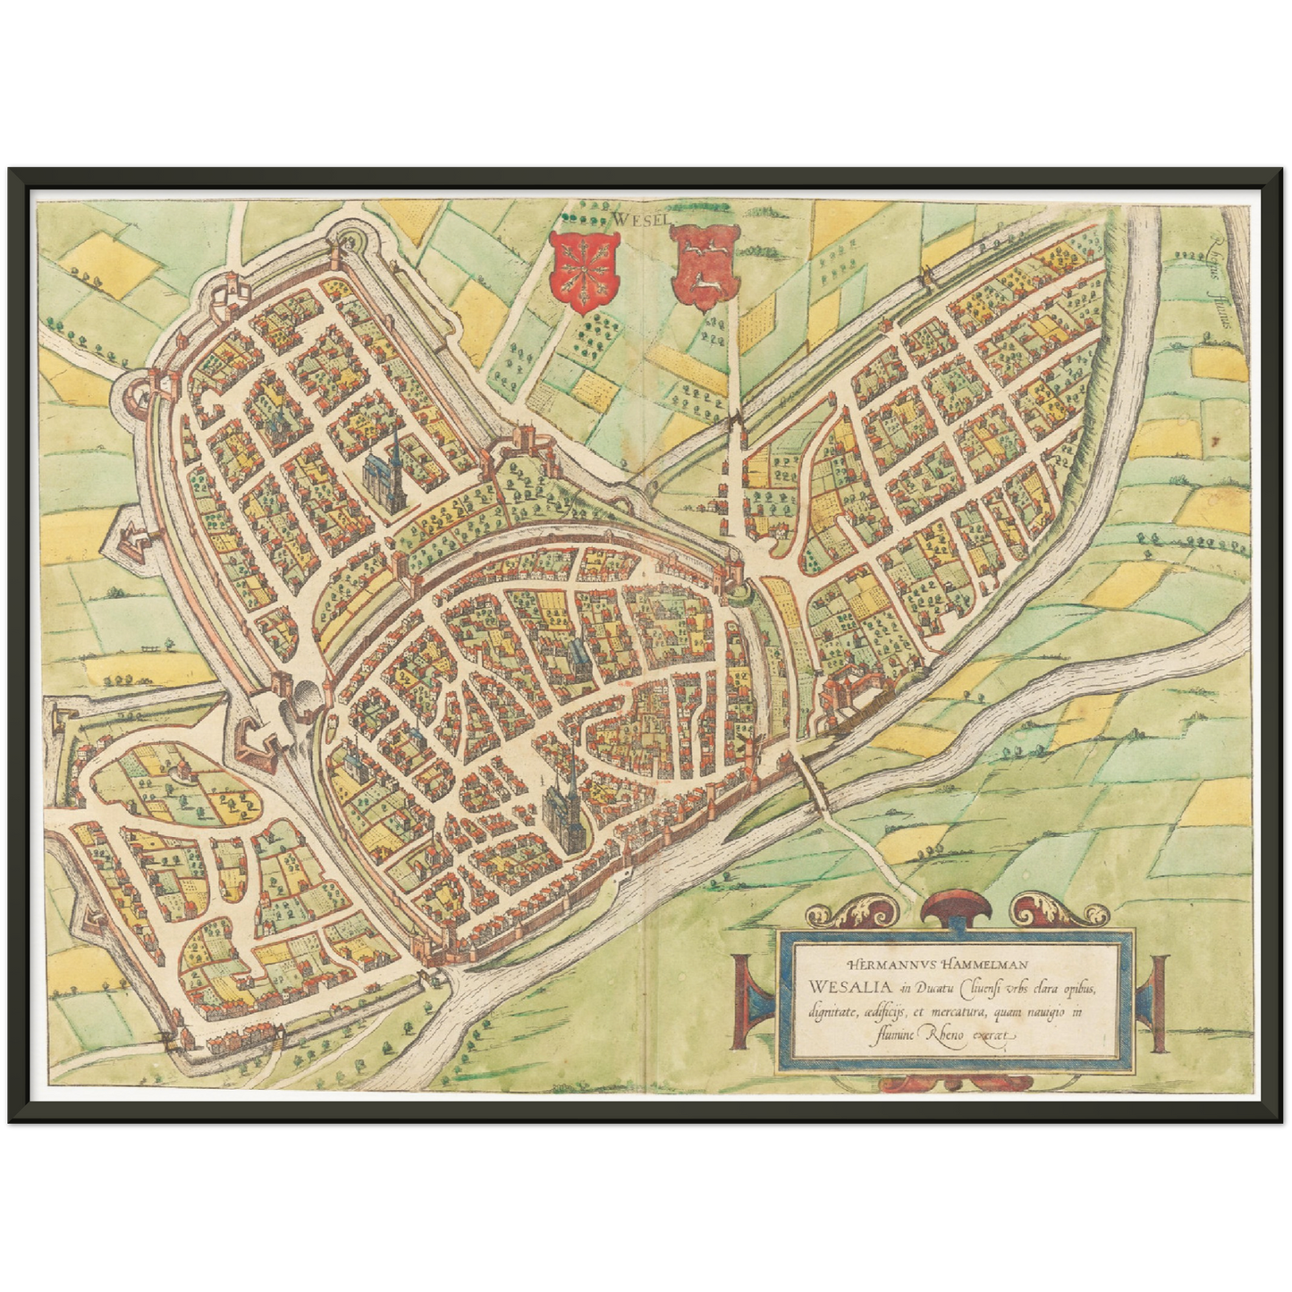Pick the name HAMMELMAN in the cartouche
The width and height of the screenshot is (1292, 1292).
pyautogui.click(x=981, y=965)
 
